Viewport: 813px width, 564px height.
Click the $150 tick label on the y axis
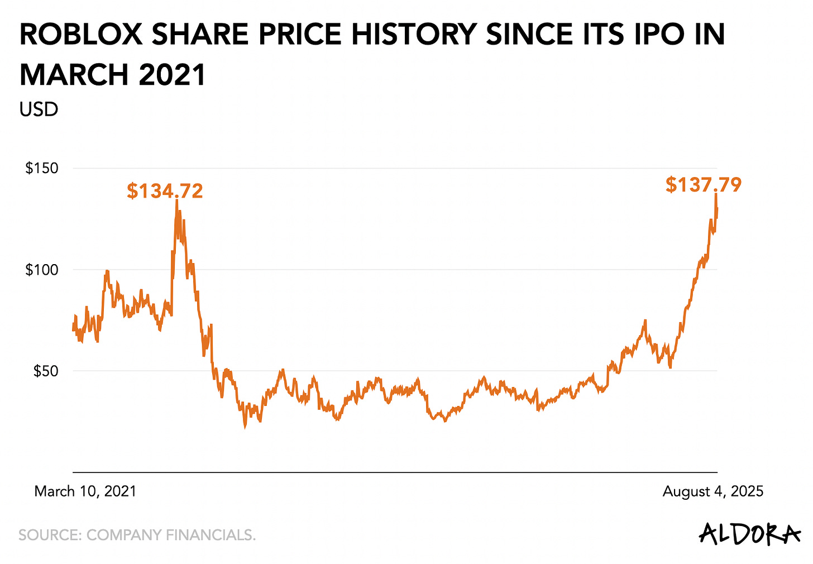(x=42, y=168)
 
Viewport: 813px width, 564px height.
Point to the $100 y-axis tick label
(x=42, y=270)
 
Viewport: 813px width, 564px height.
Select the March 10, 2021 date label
(x=85, y=491)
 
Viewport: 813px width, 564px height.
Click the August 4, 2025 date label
(x=712, y=491)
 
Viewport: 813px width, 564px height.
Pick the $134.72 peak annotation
(x=165, y=191)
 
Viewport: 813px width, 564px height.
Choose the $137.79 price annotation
(x=704, y=185)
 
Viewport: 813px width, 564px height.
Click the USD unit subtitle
(x=39, y=109)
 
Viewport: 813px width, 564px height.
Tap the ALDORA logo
(x=749, y=534)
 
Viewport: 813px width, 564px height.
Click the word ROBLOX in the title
(x=80, y=35)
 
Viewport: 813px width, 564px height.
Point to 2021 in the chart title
(x=173, y=74)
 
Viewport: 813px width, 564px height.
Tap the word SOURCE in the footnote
(x=50, y=535)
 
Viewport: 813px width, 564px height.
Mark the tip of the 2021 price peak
(x=176, y=200)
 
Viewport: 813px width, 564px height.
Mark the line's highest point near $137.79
(x=716, y=194)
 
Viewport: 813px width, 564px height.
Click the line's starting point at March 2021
(x=73, y=329)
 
